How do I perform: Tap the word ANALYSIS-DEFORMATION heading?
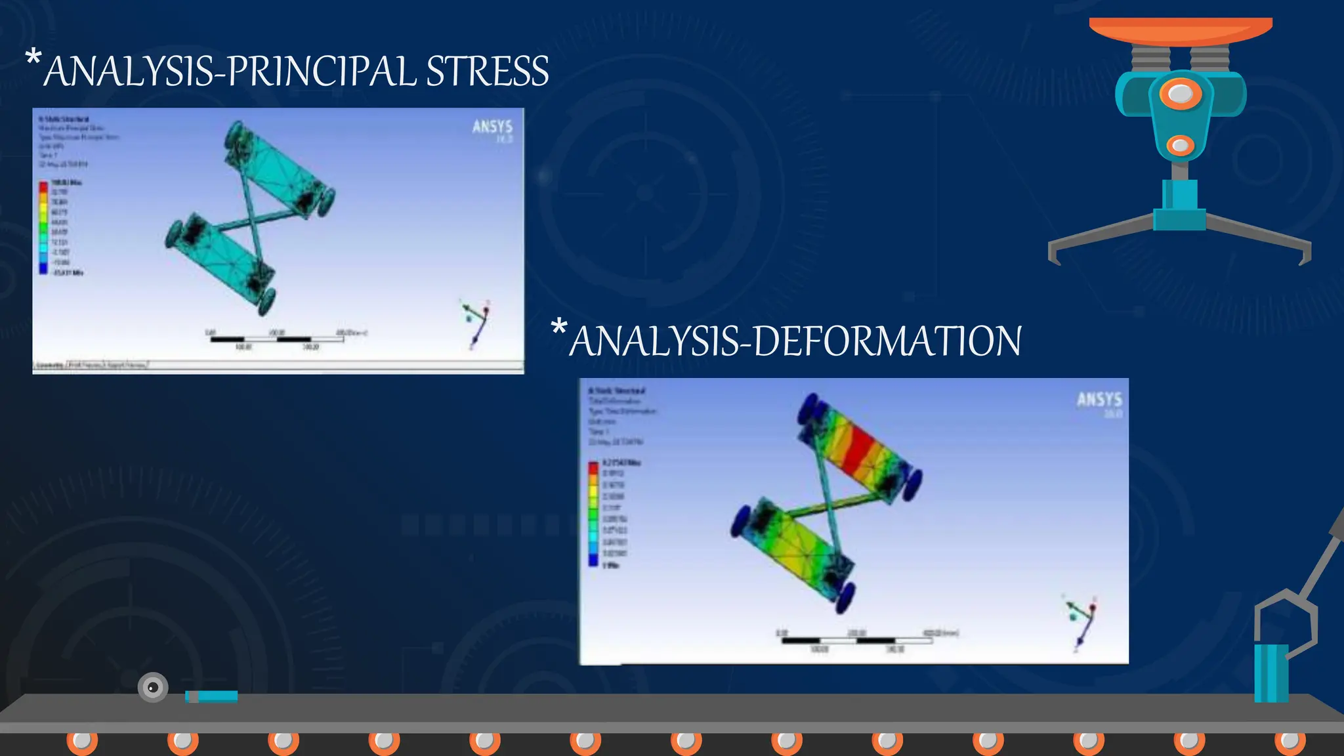point(795,341)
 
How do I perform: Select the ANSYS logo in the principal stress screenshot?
point(492,127)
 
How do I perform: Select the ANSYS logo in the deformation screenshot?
point(1099,400)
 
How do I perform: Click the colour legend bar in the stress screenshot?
point(43,228)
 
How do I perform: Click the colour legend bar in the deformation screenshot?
point(593,513)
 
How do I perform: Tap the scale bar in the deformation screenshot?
point(857,640)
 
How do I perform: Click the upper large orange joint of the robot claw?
point(1180,94)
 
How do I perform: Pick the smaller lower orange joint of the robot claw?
point(1179,145)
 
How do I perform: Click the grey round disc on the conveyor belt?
point(153,687)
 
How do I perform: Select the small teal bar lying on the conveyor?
point(211,696)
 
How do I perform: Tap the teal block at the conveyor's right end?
point(1270,673)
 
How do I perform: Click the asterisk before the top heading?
point(33,58)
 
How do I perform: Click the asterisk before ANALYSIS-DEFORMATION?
point(558,327)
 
